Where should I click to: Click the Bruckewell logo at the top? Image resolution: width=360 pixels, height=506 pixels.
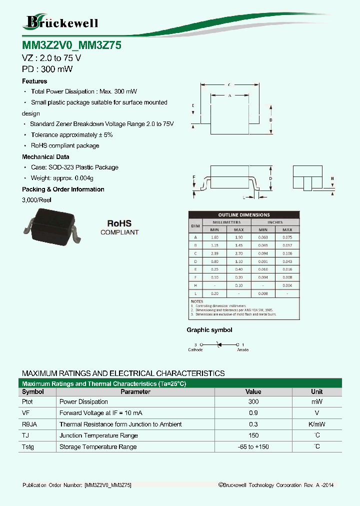click(x=61, y=22)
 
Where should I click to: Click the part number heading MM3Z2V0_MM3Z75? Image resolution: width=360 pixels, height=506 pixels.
click(x=71, y=45)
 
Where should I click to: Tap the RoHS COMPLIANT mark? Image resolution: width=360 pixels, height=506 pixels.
click(x=119, y=227)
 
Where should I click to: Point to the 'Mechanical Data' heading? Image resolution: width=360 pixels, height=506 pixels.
click(x=45, y=157)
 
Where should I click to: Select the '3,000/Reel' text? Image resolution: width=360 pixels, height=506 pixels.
click(x=36, y=200)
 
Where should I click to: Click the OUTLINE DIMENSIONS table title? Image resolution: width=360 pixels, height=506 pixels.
click(x=244, y=214)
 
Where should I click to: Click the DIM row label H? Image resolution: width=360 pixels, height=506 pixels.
click(x=195, y=285)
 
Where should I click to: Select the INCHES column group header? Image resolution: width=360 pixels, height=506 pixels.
click(x=274, y=222)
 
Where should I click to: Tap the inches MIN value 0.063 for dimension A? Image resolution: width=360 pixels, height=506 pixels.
click(x=262, y=237)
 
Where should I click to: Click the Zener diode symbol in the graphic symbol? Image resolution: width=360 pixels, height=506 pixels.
click(x=218, y=344)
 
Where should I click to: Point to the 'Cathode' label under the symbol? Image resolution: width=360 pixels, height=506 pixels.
click(x=195, y=350)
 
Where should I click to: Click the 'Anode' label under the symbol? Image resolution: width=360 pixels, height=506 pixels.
click(x=242, y=350)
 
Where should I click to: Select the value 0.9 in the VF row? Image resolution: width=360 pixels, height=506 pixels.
click(x=253, y=413)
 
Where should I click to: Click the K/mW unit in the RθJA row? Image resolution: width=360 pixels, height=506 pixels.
click(x=316, y=424)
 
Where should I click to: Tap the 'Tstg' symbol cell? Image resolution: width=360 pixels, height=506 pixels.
click(x=28, y=446)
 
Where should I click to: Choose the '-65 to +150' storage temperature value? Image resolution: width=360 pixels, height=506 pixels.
click(x=253, y=446)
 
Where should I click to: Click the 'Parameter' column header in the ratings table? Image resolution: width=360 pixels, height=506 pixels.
click(x=135, y=392)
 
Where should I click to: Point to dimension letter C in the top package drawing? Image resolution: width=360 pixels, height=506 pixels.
click(x=228, y=85)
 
